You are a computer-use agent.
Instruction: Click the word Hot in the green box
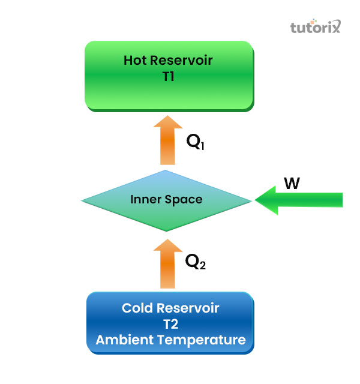[135, 60]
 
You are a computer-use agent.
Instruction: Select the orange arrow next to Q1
[168, 141]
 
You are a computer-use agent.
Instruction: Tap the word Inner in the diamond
[144, 199]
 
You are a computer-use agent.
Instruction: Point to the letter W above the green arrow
[292, 184]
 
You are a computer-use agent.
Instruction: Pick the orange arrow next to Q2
[168, 264]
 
